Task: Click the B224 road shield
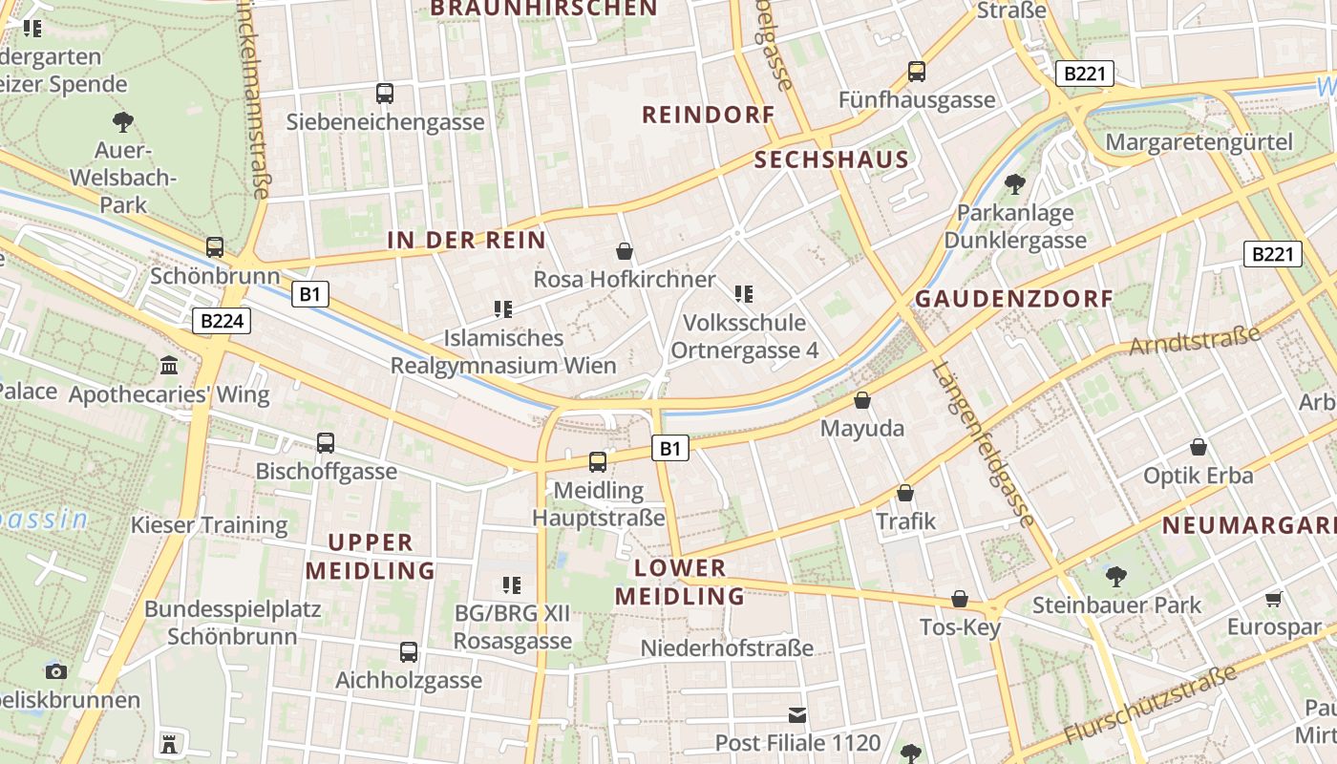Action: (222, 321)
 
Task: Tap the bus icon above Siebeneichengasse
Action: (385, 94)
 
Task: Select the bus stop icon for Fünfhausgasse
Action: (917, 71)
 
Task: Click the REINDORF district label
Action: (708, 116)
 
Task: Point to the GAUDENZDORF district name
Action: (1014, 299)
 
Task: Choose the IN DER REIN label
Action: (466, 241)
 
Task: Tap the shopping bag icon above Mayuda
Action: (862, 400)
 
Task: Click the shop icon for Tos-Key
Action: (960, 599)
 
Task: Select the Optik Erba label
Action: (1198, 475)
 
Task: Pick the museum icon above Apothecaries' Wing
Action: (170, 365)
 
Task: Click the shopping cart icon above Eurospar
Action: (1273, 599)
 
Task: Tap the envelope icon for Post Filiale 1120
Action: (797, 714)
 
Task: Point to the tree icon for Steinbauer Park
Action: (1115, 576)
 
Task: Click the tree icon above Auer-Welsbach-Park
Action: (123, 121)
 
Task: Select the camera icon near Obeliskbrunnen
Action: (56, 670)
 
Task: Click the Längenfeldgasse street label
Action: (983, 444)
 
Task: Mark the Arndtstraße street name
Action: (1195, 340)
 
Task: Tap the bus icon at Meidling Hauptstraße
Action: (598, 462)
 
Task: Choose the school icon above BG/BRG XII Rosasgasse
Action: (512, 584)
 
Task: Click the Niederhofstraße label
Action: (727, 648)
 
